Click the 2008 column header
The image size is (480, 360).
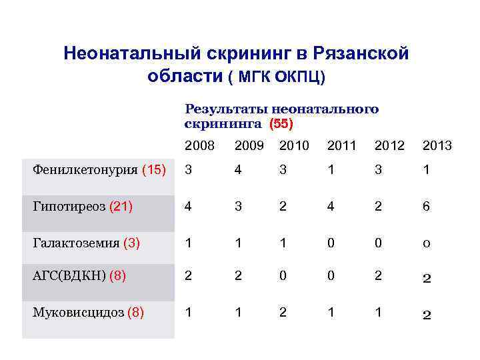point(199,145)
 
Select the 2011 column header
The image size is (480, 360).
point(341,145)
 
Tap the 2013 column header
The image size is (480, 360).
point(437,145)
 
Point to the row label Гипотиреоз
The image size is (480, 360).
point(69,207)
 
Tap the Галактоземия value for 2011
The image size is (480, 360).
point(331,243)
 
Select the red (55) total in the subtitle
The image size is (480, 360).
point(281,123)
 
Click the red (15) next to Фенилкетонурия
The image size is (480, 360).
point(154,170)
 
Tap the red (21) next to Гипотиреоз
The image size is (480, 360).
point(120,207)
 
